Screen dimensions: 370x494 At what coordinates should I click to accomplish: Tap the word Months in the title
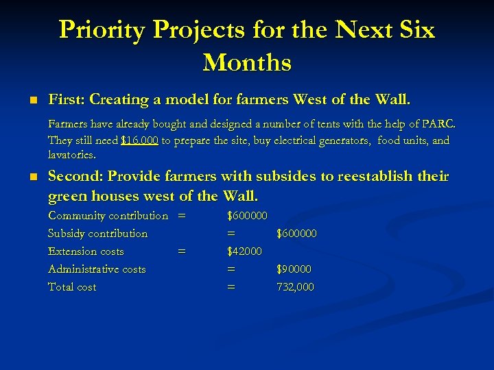247,62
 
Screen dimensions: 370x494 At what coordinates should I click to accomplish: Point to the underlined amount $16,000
139,140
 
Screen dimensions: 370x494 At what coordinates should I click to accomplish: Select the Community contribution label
108,216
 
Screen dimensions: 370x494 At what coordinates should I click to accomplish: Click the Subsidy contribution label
97,234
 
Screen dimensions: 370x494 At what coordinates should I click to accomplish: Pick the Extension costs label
86,251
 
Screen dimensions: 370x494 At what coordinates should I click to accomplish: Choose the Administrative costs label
97,269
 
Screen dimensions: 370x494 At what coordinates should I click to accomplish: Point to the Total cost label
72,287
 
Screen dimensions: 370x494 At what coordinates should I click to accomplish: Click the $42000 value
244,251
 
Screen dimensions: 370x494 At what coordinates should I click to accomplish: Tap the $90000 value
294,269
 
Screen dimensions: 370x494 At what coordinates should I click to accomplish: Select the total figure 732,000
295,287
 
